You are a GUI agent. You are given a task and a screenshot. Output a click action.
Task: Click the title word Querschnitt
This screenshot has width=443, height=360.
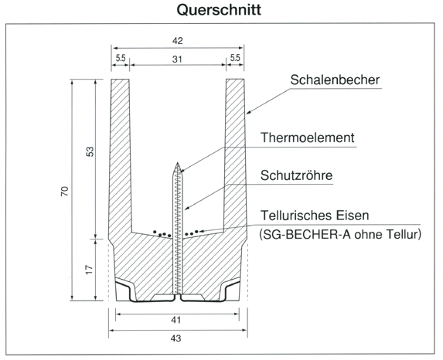[219, 10]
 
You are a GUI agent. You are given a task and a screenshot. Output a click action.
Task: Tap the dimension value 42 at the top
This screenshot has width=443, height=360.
[177, 41]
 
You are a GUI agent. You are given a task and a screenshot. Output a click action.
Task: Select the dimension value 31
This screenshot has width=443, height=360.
[177, 59]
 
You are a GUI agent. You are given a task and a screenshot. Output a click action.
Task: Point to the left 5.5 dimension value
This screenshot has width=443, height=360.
[121, 58]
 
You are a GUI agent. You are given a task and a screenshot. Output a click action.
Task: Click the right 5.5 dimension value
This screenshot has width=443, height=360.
[235, 58]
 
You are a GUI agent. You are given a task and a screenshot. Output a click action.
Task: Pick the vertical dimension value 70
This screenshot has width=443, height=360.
[65, 191]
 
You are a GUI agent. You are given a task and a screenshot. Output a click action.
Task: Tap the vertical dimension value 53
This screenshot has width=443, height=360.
[90, 151]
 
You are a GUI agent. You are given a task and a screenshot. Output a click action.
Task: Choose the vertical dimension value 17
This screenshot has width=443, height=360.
[89, 270]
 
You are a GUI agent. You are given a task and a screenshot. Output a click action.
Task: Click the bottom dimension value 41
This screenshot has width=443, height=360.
[175, 320]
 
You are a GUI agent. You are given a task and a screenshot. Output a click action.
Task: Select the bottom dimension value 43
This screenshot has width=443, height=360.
[175, 338]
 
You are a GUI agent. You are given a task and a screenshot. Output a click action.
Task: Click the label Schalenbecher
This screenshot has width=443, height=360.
[335, 80]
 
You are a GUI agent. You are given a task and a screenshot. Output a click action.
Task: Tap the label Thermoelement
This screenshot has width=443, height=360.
[307, 138]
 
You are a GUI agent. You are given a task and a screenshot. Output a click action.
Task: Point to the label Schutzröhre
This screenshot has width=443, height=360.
[296, 175]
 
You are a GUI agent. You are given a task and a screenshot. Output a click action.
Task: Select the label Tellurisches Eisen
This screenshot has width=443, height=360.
[315, 216]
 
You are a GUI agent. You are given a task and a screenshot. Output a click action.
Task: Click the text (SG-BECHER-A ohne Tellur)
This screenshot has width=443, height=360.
[340, 234]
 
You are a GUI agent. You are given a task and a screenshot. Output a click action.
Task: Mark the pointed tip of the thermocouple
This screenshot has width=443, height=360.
[177, 163]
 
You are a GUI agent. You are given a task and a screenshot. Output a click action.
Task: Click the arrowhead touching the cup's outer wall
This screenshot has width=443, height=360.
[248, 113]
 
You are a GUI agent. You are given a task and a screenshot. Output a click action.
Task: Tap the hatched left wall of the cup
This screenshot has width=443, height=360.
[121, 158]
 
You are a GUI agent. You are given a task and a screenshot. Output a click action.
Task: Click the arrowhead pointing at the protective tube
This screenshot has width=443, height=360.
[186, 208]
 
